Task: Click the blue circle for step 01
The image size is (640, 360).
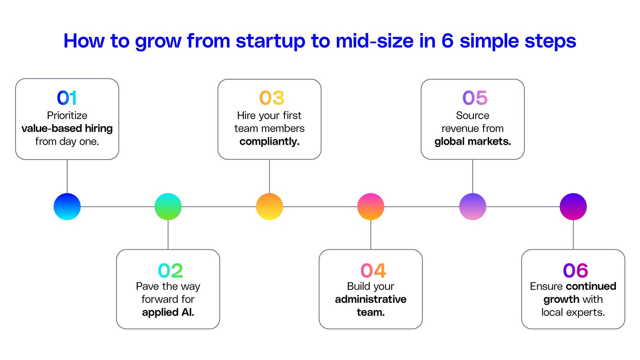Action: [x=67, y=206]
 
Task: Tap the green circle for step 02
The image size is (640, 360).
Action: [x=168, y=206]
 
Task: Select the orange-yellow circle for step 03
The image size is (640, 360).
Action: [x=269, y=206]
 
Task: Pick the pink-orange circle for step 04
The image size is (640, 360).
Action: [x=370, y=206]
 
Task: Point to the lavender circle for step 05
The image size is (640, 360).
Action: [x=472, y=206]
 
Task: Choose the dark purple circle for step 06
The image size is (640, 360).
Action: [x=573, y=206]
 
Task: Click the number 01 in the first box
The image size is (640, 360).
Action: [x=67, y=98]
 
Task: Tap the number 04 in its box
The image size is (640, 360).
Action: [x=373, y=270]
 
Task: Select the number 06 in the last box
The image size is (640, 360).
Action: [x=575, y=270]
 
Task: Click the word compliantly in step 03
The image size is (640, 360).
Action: [x=269, y=142]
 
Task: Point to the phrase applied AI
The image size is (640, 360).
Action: [x=168, y=312]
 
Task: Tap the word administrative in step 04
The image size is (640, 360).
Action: [x=370, y=299]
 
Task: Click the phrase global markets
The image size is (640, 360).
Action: [x=472, y=142]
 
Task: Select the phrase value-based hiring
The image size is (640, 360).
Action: [x=67, y=128]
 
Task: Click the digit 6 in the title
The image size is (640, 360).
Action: [x=447, y=41]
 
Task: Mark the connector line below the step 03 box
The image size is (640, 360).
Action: [x=269, y=176]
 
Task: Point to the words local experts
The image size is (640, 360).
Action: [x=573, y=312]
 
